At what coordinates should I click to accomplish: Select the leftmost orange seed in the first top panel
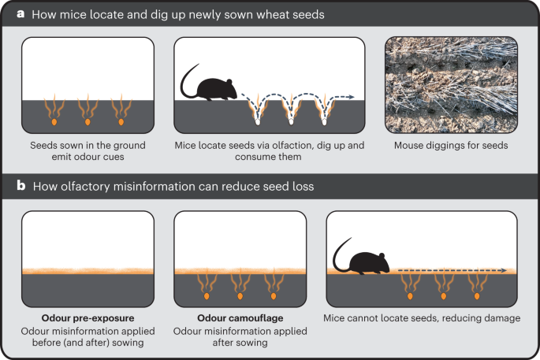tap(54, 122)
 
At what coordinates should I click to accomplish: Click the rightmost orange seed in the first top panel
tap(121, 122)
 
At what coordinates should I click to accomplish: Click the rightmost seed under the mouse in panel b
tap(477, 297)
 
